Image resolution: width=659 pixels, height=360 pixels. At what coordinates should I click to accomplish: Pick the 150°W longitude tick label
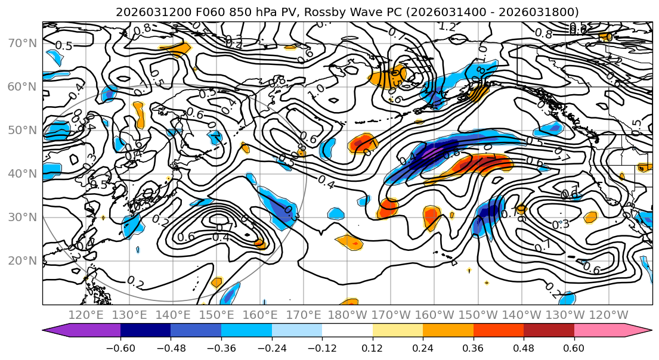click(478, 315)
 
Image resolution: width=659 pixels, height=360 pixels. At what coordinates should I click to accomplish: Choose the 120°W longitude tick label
click(608, 315)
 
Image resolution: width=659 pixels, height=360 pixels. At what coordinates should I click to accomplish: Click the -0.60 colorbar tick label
click(120, 347)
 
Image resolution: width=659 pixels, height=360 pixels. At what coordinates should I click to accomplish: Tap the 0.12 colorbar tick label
click(373, 347)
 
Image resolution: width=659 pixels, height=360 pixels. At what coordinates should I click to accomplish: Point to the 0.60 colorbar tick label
click(574, 347)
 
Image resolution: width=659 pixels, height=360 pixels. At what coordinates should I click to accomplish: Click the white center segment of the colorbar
click(347, 331)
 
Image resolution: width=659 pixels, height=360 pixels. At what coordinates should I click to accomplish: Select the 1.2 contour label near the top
click(447, 27)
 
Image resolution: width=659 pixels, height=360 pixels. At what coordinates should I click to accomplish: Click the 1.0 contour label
click(316, 89)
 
